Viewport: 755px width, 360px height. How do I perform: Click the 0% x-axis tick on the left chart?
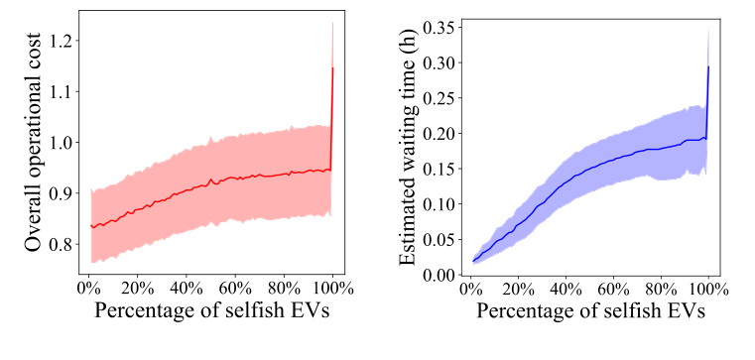pyautogui.click(x=87, y=292)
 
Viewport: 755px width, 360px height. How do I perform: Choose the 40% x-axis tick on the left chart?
pyautogui.click(x=185, y=292)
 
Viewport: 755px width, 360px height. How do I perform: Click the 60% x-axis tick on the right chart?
pyautogui.click(x=613, y=292)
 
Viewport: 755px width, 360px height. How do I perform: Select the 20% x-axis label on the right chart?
pyautogui.click(x=517, y=292)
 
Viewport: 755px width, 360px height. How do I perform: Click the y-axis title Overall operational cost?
pyautogui.click(x=32, y=143)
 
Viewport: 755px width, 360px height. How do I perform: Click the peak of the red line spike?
pyautogui.click(x=332, y=67)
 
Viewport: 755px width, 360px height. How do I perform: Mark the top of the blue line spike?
pyautogui.click(x=709, y=66)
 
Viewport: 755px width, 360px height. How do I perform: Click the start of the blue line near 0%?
pyautogui.click(x=473, y=261)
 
